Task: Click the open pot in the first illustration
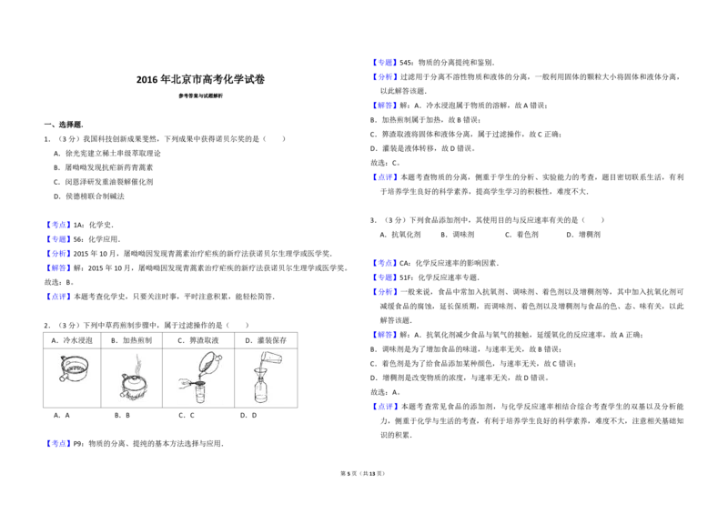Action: [75, 368]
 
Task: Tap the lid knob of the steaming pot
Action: [135, 376]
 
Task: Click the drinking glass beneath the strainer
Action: [200, 397]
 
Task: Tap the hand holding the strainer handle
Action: [185, 385]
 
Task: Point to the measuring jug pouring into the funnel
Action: [271, 358]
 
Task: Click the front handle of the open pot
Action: [63, 377]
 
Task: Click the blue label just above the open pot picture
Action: [58, 297]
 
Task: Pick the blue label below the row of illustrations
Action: [58, 444]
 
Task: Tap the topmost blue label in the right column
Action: [385, 64]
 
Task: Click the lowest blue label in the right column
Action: [385, 408]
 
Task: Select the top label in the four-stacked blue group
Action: [58, 225]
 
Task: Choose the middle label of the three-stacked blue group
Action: [385, 277]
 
